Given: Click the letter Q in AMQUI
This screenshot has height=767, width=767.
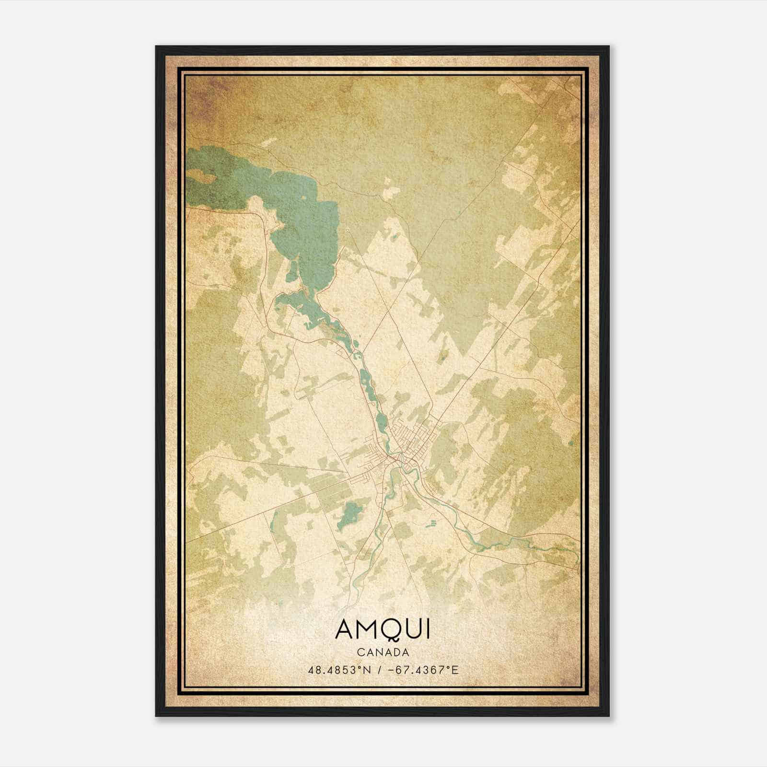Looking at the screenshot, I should point(392,629).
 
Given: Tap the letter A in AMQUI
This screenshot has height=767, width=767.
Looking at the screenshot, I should point(346,629).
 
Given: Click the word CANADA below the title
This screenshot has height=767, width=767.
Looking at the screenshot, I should point(383,652).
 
